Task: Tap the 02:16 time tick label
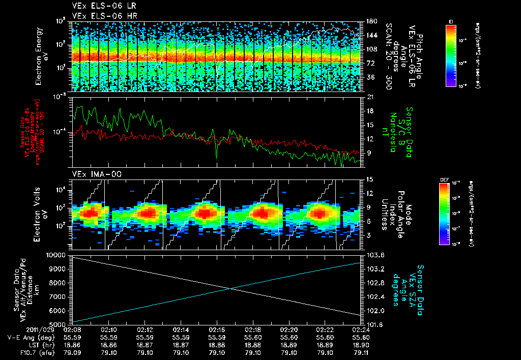tap(217, 329)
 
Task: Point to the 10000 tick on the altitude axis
tap(56, 254)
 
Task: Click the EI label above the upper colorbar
tap(451, 21)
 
